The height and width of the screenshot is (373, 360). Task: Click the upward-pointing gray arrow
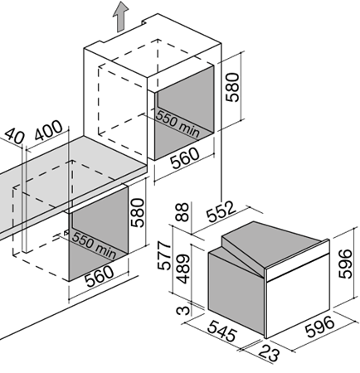[x=120, y=17]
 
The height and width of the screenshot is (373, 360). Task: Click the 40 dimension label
[x=14, y=136]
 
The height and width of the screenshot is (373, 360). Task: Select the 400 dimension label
[x=49, y=130]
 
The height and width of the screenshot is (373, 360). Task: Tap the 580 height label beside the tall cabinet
[x=232, y=87]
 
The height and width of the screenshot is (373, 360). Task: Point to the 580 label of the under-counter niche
[x=138, y=213]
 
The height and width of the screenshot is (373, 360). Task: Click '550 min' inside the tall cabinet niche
[x=178, y=124]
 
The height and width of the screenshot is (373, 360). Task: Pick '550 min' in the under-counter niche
[x=94, y=245]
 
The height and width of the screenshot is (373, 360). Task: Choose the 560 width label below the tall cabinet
[x=184, y=158]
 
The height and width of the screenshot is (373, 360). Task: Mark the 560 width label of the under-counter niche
[x=99, y=277]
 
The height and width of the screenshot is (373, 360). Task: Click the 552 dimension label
[x=221, y=211]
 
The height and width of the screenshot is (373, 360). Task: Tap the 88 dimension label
[x=182, y=212]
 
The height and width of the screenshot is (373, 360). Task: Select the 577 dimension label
[x=164, y=255]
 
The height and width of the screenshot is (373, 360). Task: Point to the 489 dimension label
[x=183, y=269]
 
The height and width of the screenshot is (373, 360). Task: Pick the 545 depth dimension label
[x=222, y=331]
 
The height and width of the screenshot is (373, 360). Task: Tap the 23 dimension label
[x=270, y=353]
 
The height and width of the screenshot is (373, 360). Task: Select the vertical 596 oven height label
[x=345, y=264]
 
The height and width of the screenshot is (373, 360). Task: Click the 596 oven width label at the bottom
[x=319, y=327]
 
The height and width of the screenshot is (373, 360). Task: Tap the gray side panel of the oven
[x=236, y=292]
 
